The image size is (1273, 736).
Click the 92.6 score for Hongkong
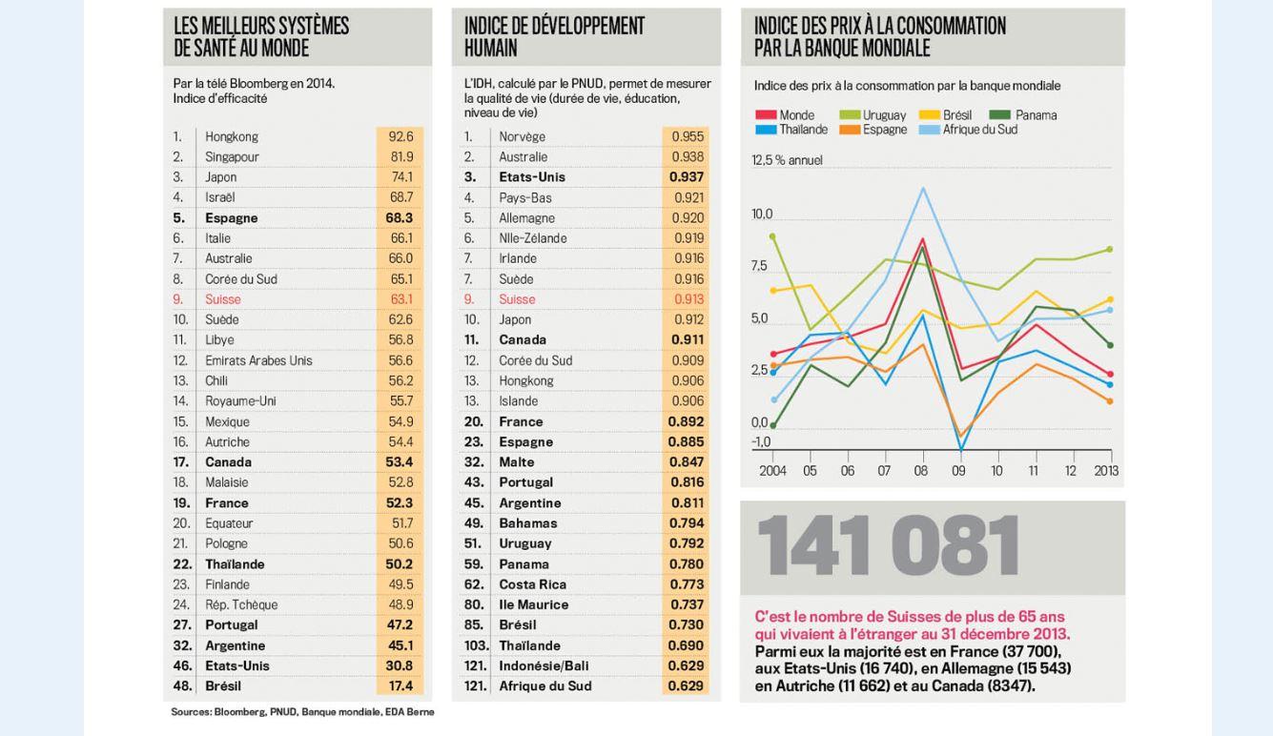coord(400,136)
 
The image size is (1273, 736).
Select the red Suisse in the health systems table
coord(223,299)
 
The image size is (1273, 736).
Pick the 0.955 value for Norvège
coord(687,136)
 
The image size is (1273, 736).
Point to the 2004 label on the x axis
coord(772,471)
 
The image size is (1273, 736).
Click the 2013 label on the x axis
coord(1106,471)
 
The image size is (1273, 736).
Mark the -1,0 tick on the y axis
coord(761,442)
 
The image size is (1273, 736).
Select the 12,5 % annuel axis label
coord(787,160)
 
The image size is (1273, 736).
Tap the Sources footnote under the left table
coord(302,712)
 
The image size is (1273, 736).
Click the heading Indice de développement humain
coord(554,37)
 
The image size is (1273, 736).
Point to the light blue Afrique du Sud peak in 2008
coord(922,189)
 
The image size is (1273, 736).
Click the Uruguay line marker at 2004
coord(772,235)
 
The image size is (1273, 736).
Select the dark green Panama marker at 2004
coord(772,426)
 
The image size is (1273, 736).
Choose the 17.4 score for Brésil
coord(400,685)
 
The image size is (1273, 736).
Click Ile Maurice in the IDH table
coord(533,604)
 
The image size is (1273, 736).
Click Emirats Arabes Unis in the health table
coord(258,360)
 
